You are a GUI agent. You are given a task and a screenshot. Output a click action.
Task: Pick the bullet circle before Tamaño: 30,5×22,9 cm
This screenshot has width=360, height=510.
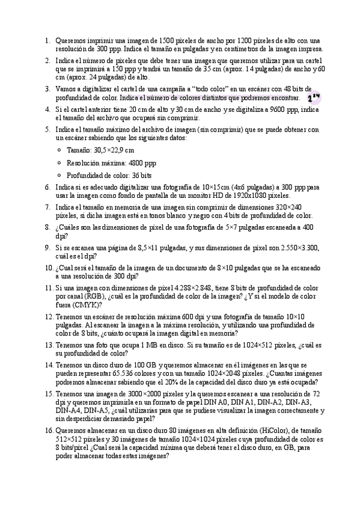(58, 150)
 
